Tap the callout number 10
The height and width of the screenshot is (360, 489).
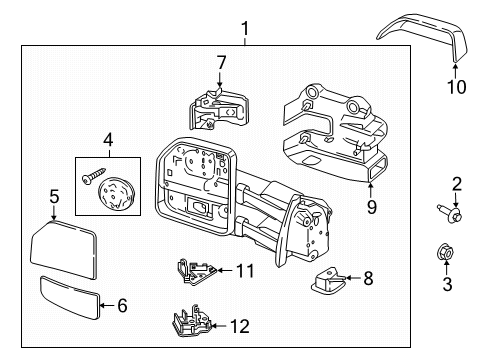[455, 87]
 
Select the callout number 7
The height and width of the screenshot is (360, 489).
[221, 63]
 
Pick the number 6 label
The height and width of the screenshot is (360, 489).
[122, 305]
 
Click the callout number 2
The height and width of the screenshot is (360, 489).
[457, 183]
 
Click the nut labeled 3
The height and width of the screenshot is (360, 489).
[448, 251]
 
